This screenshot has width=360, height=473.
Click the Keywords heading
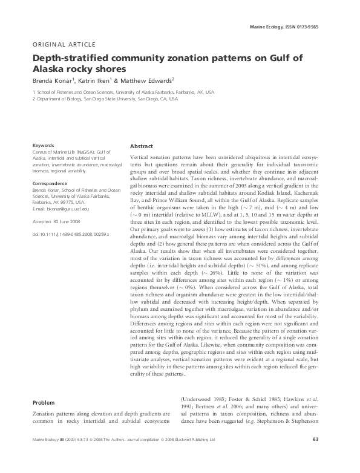pyautogui.click(x=43, y=145)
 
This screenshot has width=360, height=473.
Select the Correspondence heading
pyautogui.click(x=50, y=182)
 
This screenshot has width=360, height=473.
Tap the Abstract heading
pyautogui.click(x=142, y=147)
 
